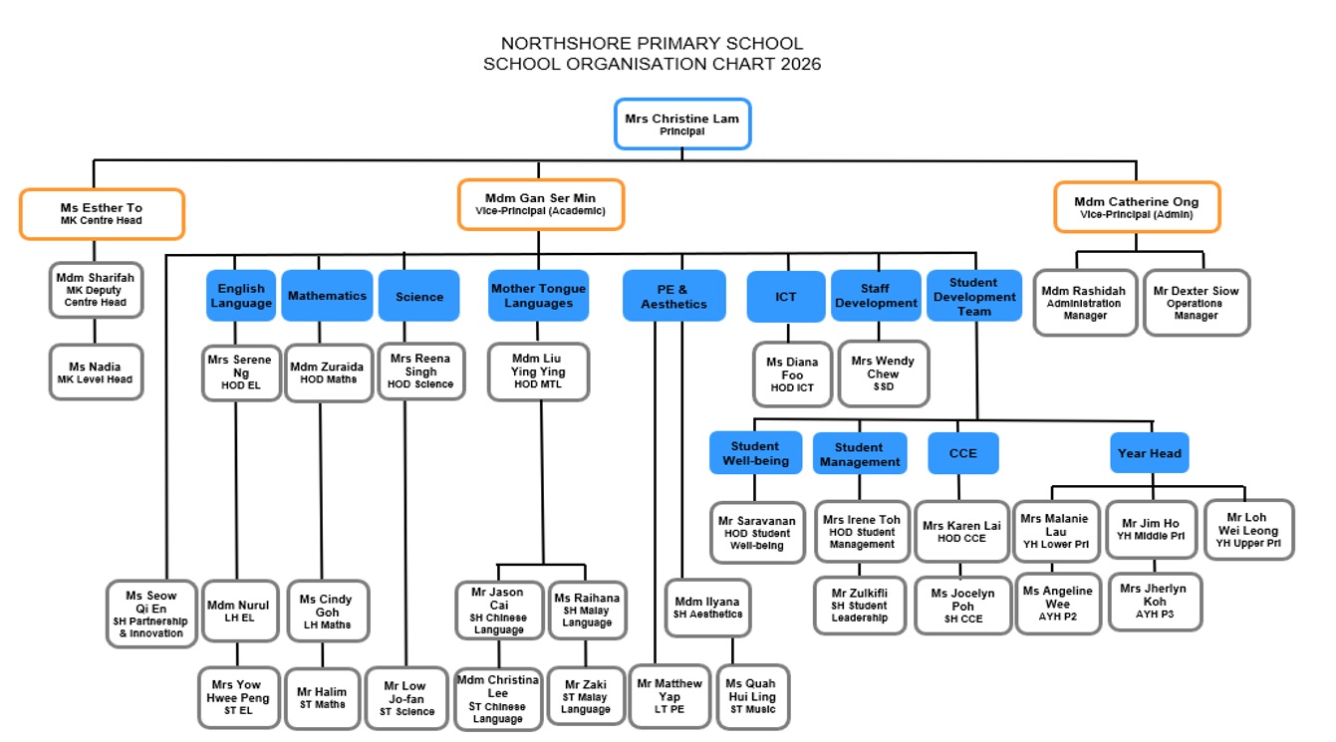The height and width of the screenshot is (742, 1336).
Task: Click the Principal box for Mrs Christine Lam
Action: point(681,124)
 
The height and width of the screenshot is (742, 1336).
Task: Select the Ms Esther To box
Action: point(102,213)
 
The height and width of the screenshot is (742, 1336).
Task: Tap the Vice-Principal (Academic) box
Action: point(540,204)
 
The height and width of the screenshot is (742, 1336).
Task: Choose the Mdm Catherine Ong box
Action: point(1136,207)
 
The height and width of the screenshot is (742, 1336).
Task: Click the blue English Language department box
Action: point(241,296)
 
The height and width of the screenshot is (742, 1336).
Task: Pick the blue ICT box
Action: point(785,296)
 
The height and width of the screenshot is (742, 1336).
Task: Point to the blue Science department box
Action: point(418,296)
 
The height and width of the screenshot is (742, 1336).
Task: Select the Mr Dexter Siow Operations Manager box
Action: point(1196,303)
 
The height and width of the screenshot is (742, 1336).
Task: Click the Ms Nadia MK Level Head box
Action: point(95,371)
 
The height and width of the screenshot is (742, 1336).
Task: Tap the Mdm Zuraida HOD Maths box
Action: point(327,372)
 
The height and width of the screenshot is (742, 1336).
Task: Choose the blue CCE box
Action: point(962,453)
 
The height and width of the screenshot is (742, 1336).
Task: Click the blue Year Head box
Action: point(1149,453)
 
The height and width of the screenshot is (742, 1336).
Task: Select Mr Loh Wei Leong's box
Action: point(1247,530)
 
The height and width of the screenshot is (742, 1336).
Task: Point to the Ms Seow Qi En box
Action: point(151,614)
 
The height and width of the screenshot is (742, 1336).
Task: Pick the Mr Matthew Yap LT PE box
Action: point(669,695)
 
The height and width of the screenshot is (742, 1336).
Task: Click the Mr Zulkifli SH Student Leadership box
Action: point(859,605)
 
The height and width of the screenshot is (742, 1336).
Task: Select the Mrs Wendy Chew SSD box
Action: point(883,373)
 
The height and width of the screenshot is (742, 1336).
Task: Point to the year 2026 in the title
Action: point(801,65)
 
